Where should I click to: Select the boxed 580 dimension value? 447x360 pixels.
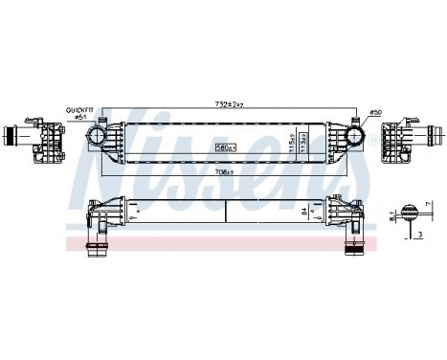(226, 147)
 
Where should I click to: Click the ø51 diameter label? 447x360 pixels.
(81, 118)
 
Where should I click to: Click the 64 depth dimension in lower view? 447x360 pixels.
(305, 212)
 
